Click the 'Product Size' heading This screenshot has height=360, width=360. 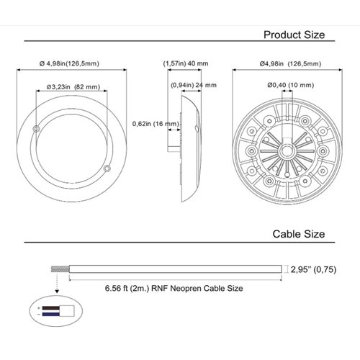[294, 35]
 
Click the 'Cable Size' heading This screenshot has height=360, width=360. [299, 234]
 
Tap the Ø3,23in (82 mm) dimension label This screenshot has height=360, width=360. [73, 86]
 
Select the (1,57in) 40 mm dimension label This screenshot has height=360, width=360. [186, 63]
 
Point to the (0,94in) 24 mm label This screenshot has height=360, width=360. [194, 85]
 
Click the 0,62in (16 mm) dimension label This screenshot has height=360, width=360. [156, 124]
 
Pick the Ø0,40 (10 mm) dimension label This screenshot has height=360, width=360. [291, 85]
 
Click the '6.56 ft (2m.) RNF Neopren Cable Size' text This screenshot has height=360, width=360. [174, 288]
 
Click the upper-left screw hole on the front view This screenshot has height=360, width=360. [36, 129]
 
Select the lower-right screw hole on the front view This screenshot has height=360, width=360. [107, 168]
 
